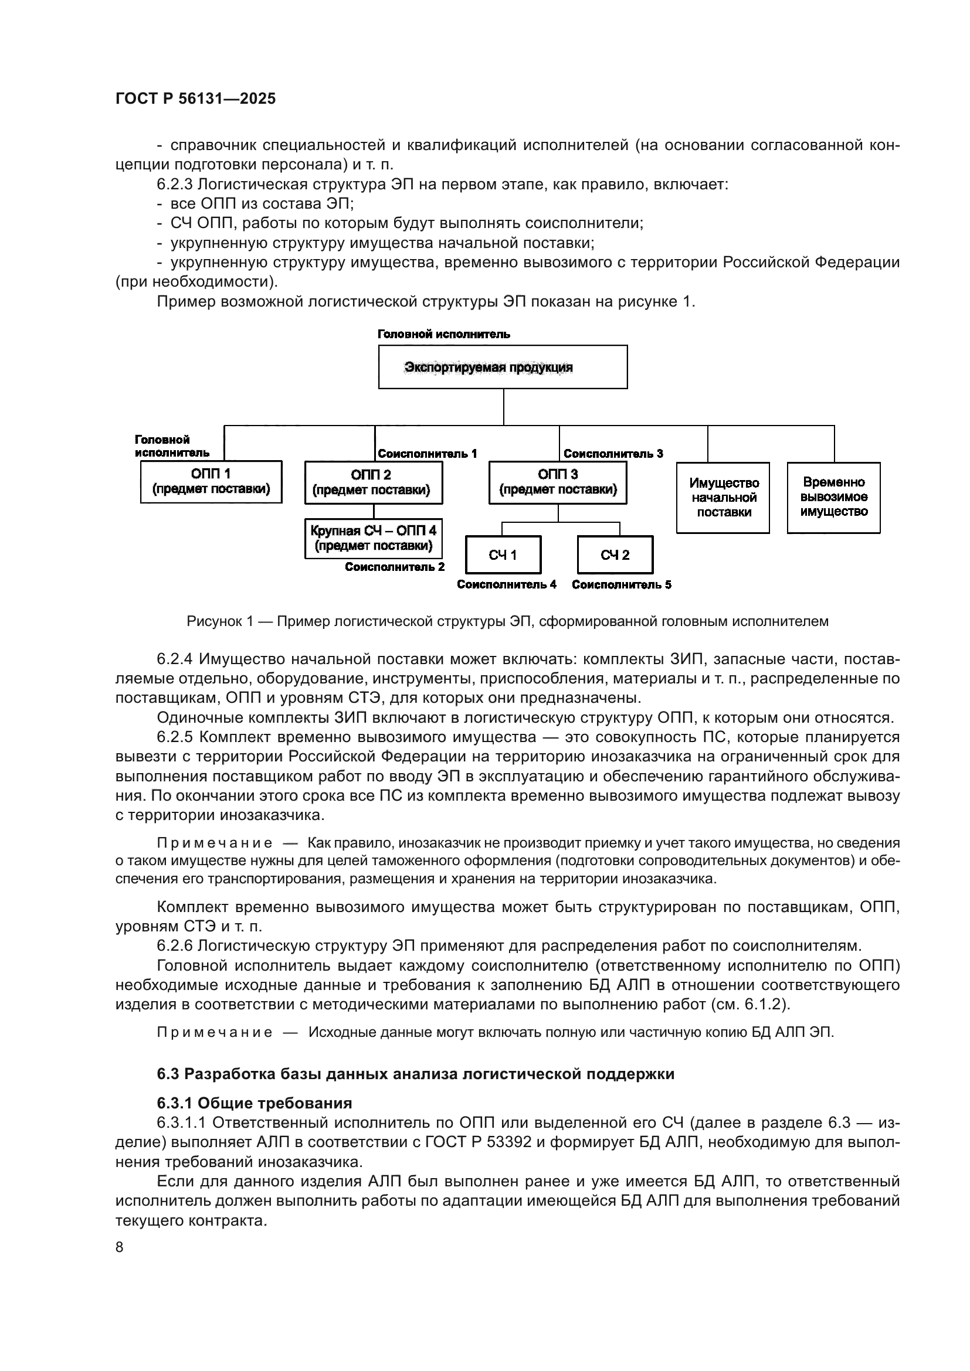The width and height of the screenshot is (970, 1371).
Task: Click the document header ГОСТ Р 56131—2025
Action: pos(195,98)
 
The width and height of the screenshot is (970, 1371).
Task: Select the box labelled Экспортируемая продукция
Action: pos(503,366)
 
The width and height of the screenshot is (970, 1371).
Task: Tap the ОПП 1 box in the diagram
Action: pos(211,481)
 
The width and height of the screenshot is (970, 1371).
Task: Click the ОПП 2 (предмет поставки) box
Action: pos(374,482)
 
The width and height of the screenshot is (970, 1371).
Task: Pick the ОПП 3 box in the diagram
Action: pos(557,482)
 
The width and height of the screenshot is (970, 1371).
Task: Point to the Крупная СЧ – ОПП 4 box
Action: pos(374,538)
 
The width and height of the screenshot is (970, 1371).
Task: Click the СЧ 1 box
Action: pos(503,554)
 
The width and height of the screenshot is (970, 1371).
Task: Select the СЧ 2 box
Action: pos(615,554)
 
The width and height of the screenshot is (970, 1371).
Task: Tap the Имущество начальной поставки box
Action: pos(723,498)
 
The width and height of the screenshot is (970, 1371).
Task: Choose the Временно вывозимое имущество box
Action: pos(833,497)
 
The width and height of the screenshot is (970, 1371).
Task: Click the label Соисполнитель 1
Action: pos(427,454)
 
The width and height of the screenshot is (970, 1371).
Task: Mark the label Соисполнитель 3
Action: pos(613,454)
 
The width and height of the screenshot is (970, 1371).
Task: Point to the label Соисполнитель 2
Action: pos(394,567)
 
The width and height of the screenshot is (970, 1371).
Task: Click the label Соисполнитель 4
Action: pos(507,584)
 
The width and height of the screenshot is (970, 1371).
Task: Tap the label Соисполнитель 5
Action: pos(621,584)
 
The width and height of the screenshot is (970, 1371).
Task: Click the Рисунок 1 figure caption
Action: pos(507,621)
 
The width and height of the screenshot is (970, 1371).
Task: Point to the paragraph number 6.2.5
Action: pos(175,737)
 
